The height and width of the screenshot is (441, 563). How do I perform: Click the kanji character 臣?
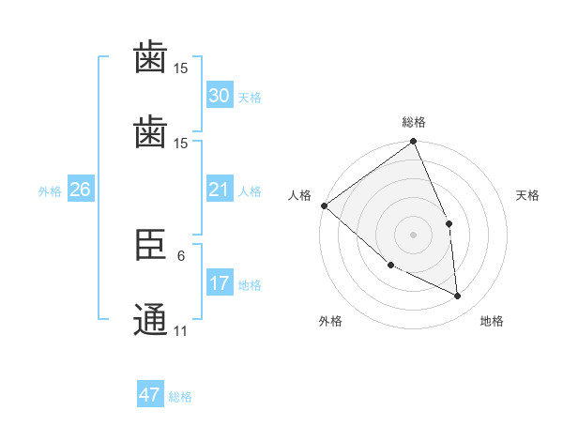(x=150, y=247)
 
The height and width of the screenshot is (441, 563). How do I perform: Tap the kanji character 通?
(x=150, y=318)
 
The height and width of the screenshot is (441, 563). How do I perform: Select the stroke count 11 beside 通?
(x=181, y=330)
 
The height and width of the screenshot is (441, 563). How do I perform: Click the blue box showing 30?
(x=220, y=96)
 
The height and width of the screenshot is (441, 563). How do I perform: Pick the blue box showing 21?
(x=220, y=190)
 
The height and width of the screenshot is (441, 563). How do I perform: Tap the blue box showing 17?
(x=220, y=283)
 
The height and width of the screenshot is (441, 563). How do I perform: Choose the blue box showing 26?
(x=80, y=190)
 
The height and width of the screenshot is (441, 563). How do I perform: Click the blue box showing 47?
(x=150, y=395)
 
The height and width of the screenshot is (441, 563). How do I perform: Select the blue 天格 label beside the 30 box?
(x=250, y=98)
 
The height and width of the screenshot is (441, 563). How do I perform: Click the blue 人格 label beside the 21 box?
(x=250, y=191)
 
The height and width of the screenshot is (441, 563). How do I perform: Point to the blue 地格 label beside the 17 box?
(x=250, y=285)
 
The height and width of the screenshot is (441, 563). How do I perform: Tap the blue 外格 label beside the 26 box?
(x=50, y=191)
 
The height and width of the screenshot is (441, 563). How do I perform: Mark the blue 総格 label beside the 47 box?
(x=180, y=397)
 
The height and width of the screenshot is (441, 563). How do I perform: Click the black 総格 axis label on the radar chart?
(x=414, y=122)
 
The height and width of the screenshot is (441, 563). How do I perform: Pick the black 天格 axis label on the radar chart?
(x=528, y=195)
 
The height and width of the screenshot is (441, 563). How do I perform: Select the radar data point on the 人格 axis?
(x=324, y=205)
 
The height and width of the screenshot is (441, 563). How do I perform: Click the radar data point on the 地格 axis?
(x=458, y=296)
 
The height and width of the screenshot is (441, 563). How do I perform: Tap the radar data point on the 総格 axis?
(x=414, y=143)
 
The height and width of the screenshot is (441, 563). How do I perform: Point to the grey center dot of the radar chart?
(x=414, y=235)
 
